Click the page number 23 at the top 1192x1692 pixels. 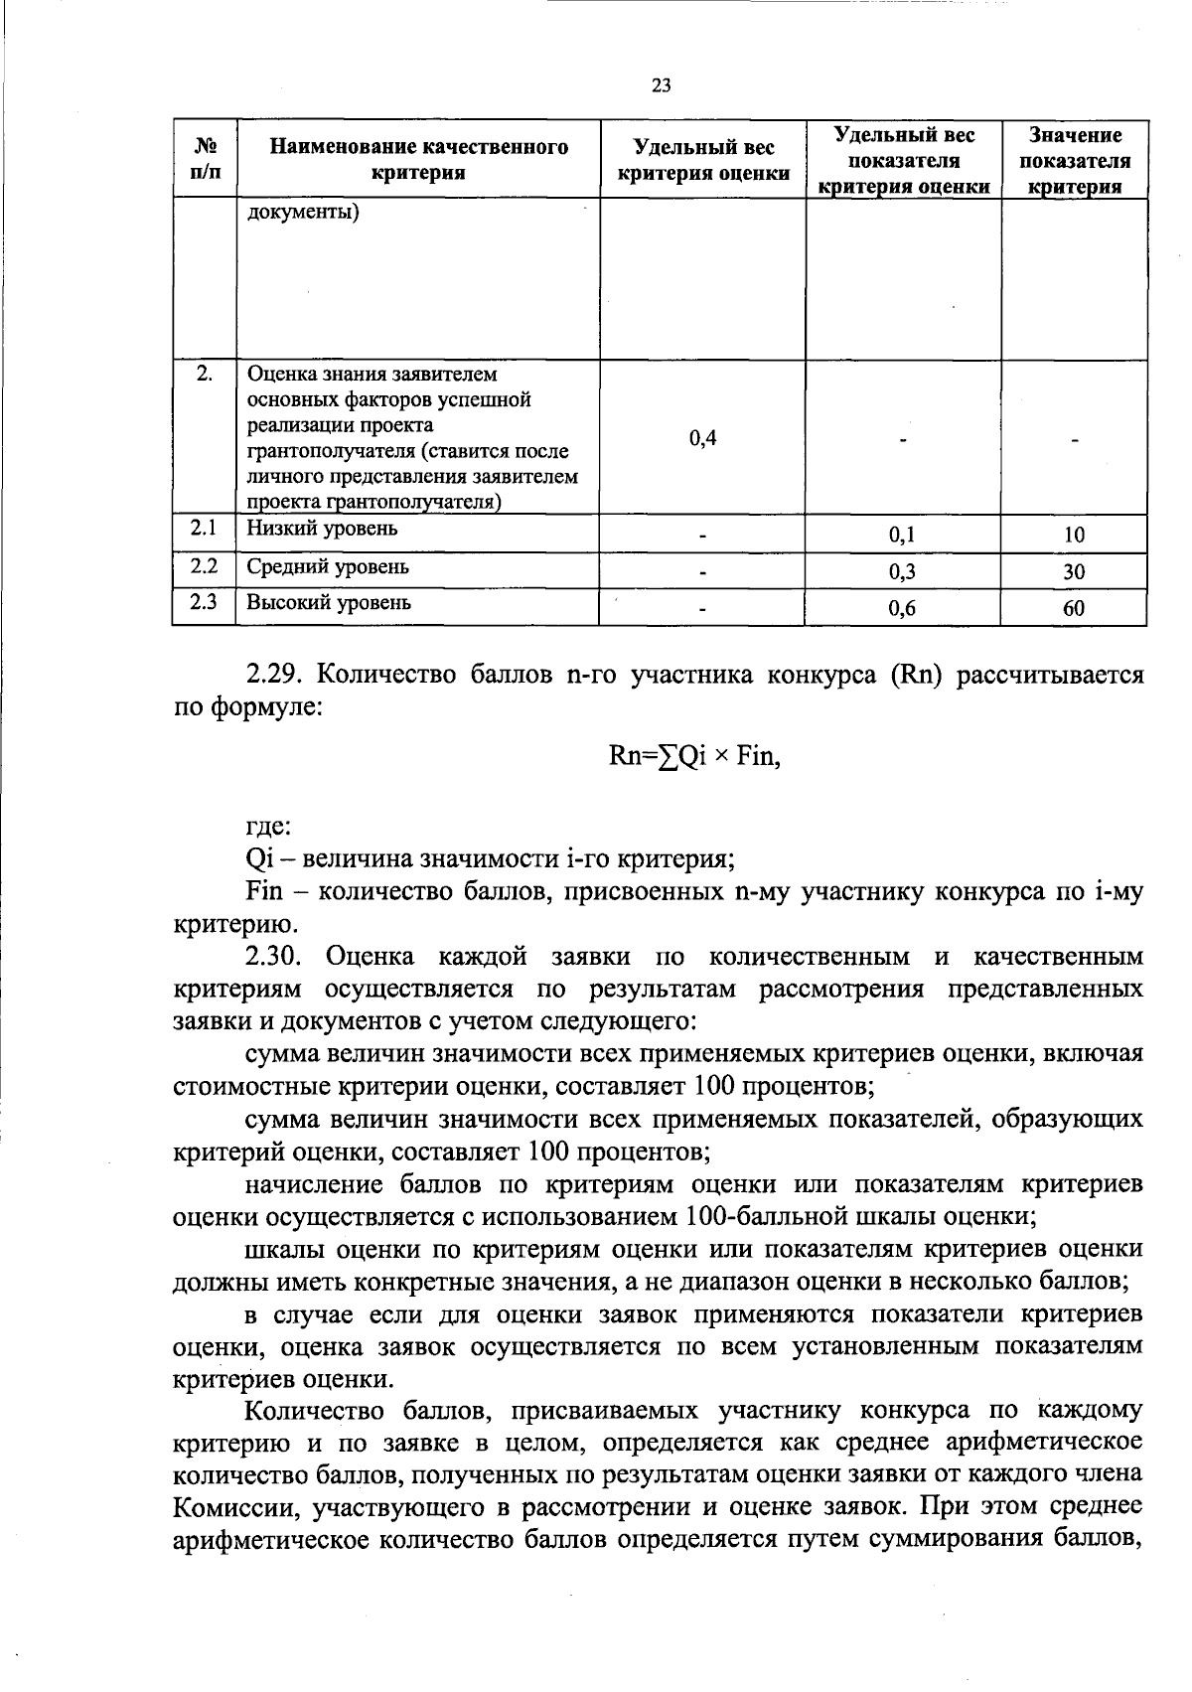point(661,85)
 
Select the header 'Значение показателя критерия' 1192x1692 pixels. point(1074,160)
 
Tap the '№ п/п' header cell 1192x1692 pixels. point(205,160)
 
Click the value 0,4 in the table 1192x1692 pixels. point(702,438)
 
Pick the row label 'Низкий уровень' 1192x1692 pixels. point(322,529)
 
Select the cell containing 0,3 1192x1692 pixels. point(902,571)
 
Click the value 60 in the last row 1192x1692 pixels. point(1074,609)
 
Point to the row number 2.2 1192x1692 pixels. point(204,565)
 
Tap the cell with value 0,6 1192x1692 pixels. point(902,609)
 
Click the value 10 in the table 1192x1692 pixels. point(1074,535)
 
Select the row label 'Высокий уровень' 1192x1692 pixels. point(328,603)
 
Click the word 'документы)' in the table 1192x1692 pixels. point(303,212)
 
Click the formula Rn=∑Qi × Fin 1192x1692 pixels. point(694,756)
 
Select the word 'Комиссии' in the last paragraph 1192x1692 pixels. point(234,1507)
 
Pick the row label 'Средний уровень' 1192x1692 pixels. point(327,566)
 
